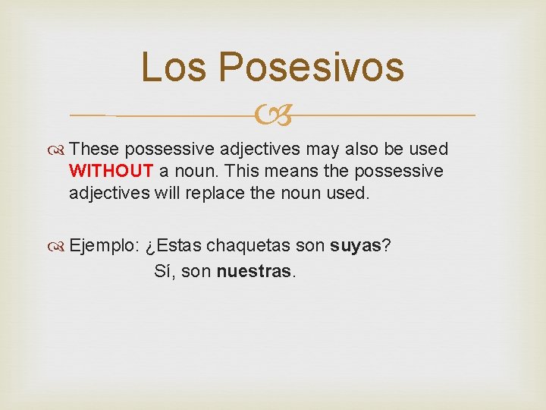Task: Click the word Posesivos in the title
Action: [x=312, y=67]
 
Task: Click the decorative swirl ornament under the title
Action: [x=273, y=115]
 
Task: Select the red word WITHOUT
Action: [x=111, y=171]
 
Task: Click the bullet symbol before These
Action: [x=59, y=150]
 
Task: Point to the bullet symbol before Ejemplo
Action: [x=59, y=246]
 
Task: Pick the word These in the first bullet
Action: [x=96, y=150]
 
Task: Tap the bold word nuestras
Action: [x=254, y=271]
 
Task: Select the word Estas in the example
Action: [x=179, y=246]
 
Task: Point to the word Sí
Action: [x=165, y=271]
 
